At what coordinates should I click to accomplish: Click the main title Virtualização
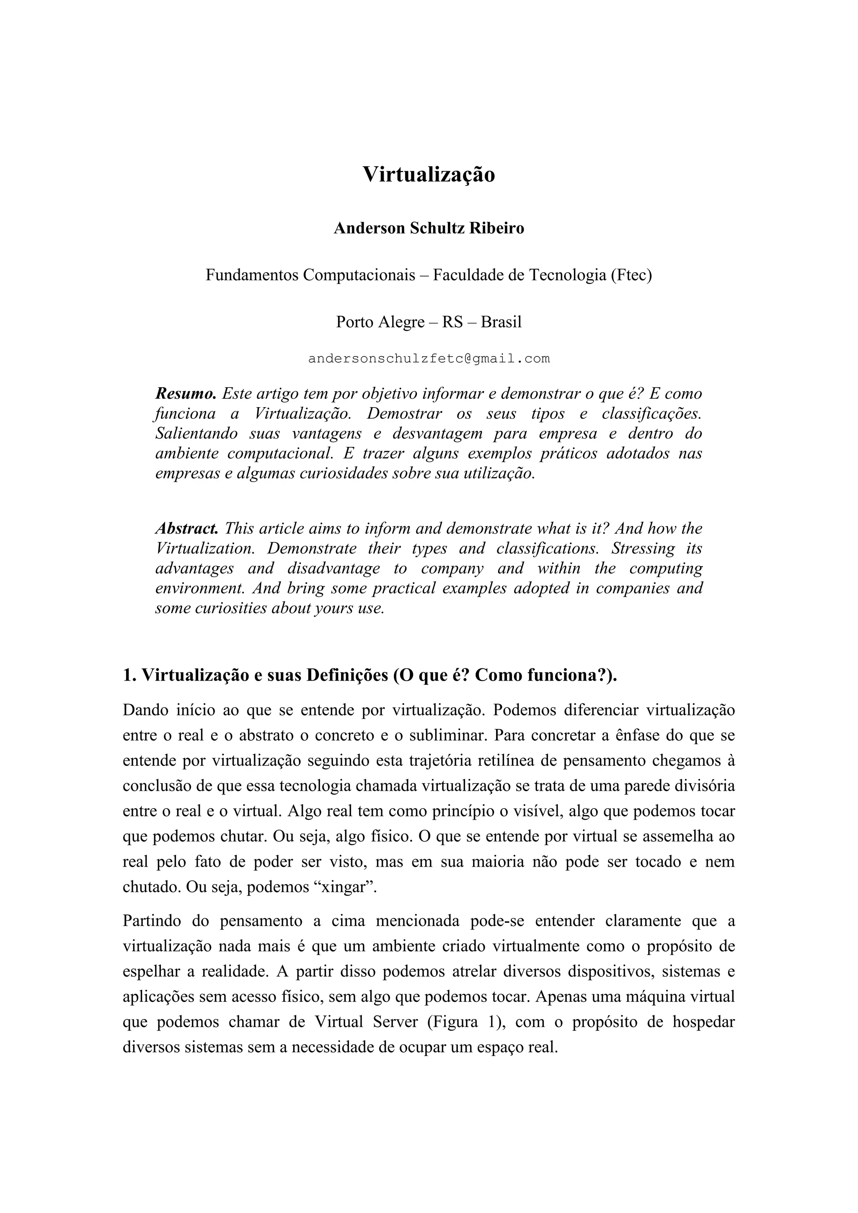pyautogui.click(x=429, y=175)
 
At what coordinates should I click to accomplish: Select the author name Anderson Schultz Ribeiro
pyautogui.click(x=429, y=229)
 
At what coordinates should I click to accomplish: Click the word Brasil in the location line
pyautogui.click(x=501, y=322)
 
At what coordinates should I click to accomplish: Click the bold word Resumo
pyautogui.click(x=186, y=394)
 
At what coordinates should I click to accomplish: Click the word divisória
pyautogui.click(x=705, y=786)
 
